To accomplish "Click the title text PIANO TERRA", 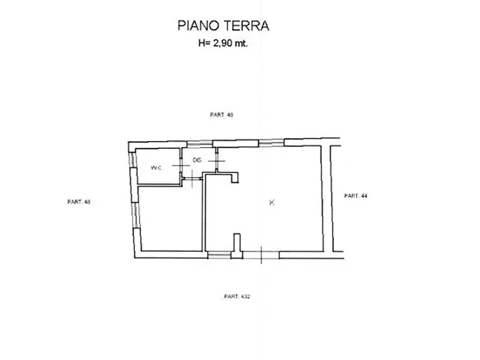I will (x=223, y=25).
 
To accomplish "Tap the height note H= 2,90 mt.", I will (x=223, y=45).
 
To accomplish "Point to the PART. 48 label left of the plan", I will (x=78, y=202).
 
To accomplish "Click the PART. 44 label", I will (x=355, y=196).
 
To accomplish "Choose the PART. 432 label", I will (x=237, y=296).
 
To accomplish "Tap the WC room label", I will (x=156, y=168).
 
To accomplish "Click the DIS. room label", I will (x=197, y=160).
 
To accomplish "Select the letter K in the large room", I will (x=272, y=203).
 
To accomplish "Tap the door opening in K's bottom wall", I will (x=261, y=254).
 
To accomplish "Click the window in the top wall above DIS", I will (x=199, y=143).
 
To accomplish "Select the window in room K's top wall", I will (x=271, y=142).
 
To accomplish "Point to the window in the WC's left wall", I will (x=131, y=162).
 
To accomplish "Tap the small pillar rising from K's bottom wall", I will (x=236, y=242).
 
